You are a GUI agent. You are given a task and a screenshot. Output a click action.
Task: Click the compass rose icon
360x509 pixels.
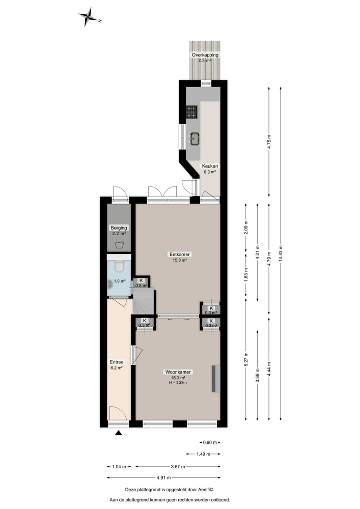[x=90, y=17]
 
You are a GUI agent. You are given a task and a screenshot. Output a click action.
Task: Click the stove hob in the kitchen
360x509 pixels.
[x=192, y=112]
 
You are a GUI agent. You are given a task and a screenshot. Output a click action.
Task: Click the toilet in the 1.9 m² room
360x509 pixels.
[x=119, y=267]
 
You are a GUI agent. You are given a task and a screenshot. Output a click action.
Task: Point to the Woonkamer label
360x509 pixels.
[x=178, y=372]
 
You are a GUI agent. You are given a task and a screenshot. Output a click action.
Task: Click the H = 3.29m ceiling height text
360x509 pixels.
[x=178, y=382]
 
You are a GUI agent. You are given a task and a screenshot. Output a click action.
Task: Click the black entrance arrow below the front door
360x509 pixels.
[x=119, y=433]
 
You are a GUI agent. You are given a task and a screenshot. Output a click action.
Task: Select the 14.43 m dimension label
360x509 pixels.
[x=281, y=253]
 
